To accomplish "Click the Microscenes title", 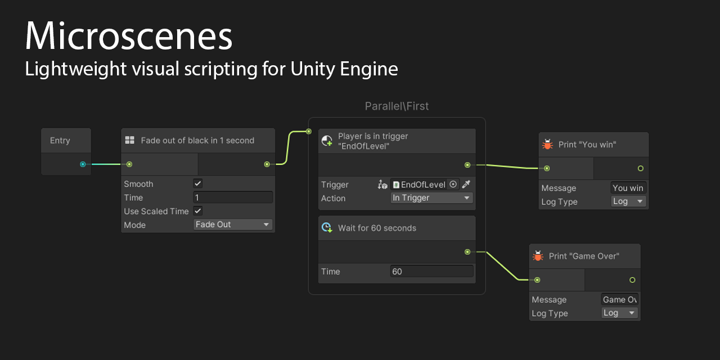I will (128, 37).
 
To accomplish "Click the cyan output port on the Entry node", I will (83, 164).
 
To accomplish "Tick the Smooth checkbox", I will (197, 183).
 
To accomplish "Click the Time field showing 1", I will (233, 197).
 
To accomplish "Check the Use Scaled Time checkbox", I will (197, 211).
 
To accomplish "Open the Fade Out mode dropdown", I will (233, 224).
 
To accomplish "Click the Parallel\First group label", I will (397, 106).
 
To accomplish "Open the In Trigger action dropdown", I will (431, 198).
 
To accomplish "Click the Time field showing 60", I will (431, 271).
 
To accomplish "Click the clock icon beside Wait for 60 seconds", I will (327, 228).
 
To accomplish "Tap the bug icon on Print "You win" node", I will (547, 145).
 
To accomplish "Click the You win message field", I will (628, 188).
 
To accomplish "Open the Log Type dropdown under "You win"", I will (628, 201).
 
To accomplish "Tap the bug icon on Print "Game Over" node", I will (538, 256).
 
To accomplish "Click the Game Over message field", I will (619, 299).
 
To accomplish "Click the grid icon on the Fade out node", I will (129, 140).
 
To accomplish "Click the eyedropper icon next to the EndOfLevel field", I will (466, 184).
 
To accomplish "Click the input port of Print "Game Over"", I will (537, 280).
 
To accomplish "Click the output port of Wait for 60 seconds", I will (467, 252).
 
